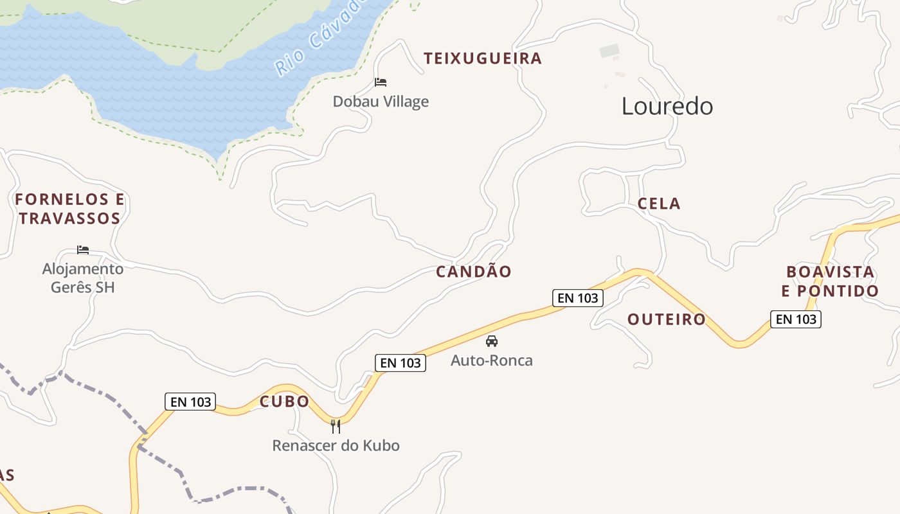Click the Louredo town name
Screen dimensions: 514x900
click(x=667, y=106)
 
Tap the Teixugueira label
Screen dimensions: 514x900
click(x=483, y=58)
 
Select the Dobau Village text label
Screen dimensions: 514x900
click(x=381, y=102)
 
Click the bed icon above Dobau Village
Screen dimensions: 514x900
click(x=381, y=82)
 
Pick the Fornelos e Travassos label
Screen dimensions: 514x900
click(x=69, y=209)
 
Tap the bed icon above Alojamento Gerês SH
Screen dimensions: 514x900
click(x=83, y=250)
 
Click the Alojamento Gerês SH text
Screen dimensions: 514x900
click(x=83, y=278)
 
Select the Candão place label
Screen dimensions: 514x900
click(x=474, y=272)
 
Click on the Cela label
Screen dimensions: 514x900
click(x=659, y=204)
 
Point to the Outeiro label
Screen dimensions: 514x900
click(x=667, y=319)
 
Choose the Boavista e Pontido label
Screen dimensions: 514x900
click(x=830, y=281)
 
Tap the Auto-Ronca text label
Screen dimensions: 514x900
click(x=492, y=360)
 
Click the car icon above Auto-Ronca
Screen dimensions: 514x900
click(x=492, y=341)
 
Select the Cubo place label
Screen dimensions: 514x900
click(x=284, y=402)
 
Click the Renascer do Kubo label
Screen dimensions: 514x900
click(x=336, y=445)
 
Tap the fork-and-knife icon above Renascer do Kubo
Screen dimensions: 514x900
click(x=336, y=426)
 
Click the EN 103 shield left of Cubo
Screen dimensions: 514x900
click(x=190, y=402)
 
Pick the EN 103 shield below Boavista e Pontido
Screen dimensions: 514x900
click(x=796, y=319)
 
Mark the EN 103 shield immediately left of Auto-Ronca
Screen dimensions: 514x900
click(x=401, y=363)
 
